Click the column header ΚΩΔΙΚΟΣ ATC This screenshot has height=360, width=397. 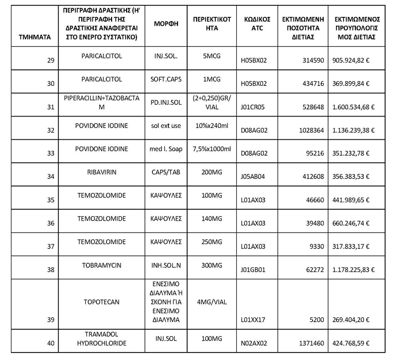257,23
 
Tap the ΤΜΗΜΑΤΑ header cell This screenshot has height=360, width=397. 29,37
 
